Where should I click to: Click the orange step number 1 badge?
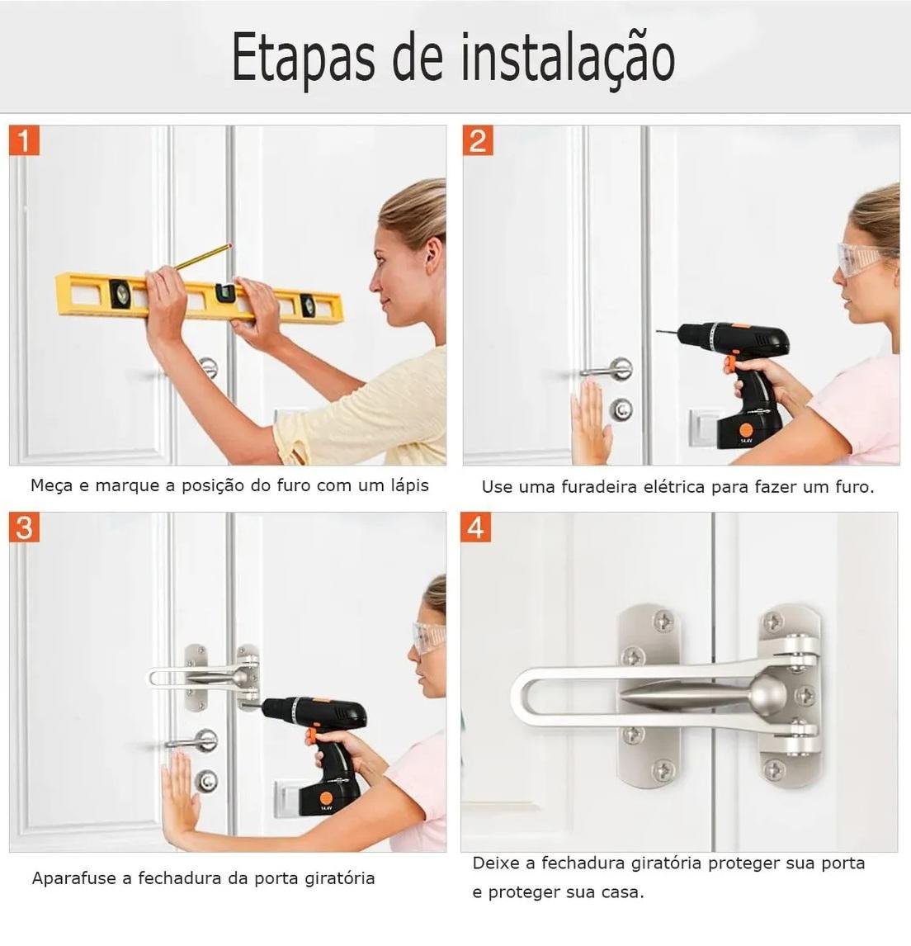[24, 140]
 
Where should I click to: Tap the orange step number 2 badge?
[478, 140]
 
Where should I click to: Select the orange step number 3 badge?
[24, 527]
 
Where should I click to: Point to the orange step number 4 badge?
[475, 527]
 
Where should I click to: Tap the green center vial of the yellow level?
[225, 292]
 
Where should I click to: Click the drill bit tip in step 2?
[658, 330]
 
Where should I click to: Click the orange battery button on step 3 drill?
[326, 795]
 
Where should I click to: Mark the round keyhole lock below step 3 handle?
[206, 781]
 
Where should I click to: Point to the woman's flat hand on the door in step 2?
[591, 421]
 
